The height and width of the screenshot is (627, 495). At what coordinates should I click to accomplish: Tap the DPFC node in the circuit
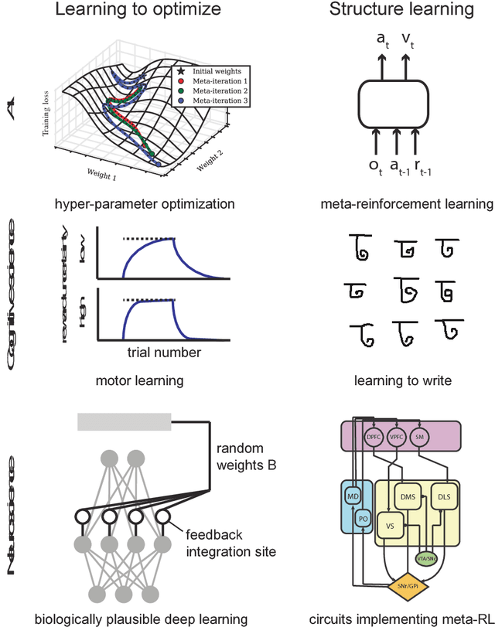[x=374, y=437]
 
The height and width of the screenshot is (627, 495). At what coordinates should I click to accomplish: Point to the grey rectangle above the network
[x=124, y=422]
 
